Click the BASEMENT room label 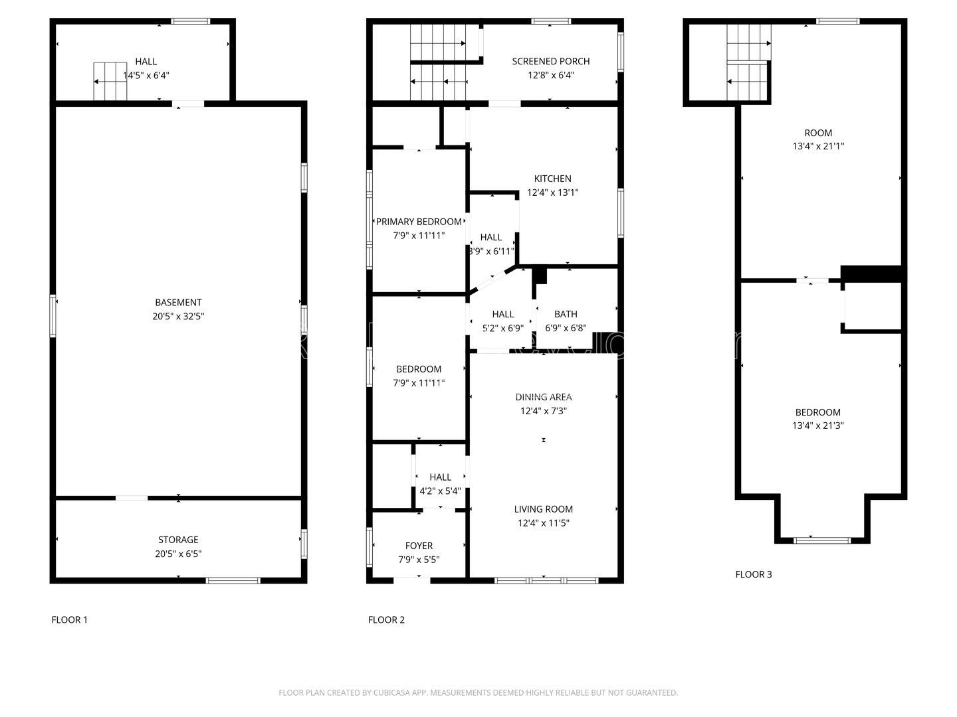[178, 303]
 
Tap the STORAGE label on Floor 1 [178, 540]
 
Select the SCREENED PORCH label [550, 61]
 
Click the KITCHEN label [552, 179]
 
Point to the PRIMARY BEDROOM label [419, 222]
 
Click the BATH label [566, 314]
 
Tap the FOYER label [419, 546]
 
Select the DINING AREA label [543, 397]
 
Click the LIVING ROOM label [543, 509]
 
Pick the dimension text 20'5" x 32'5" [178, 317]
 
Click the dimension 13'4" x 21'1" [818, 147]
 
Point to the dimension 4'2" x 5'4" [440, 491]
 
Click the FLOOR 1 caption [69, 620]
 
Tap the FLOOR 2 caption [386, 620]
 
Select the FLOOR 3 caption [753, 574]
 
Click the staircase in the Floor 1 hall [110, 82]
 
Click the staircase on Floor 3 [748, 63]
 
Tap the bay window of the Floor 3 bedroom [822, 540]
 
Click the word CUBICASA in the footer [394, 692]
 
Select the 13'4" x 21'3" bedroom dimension [818, 426]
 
